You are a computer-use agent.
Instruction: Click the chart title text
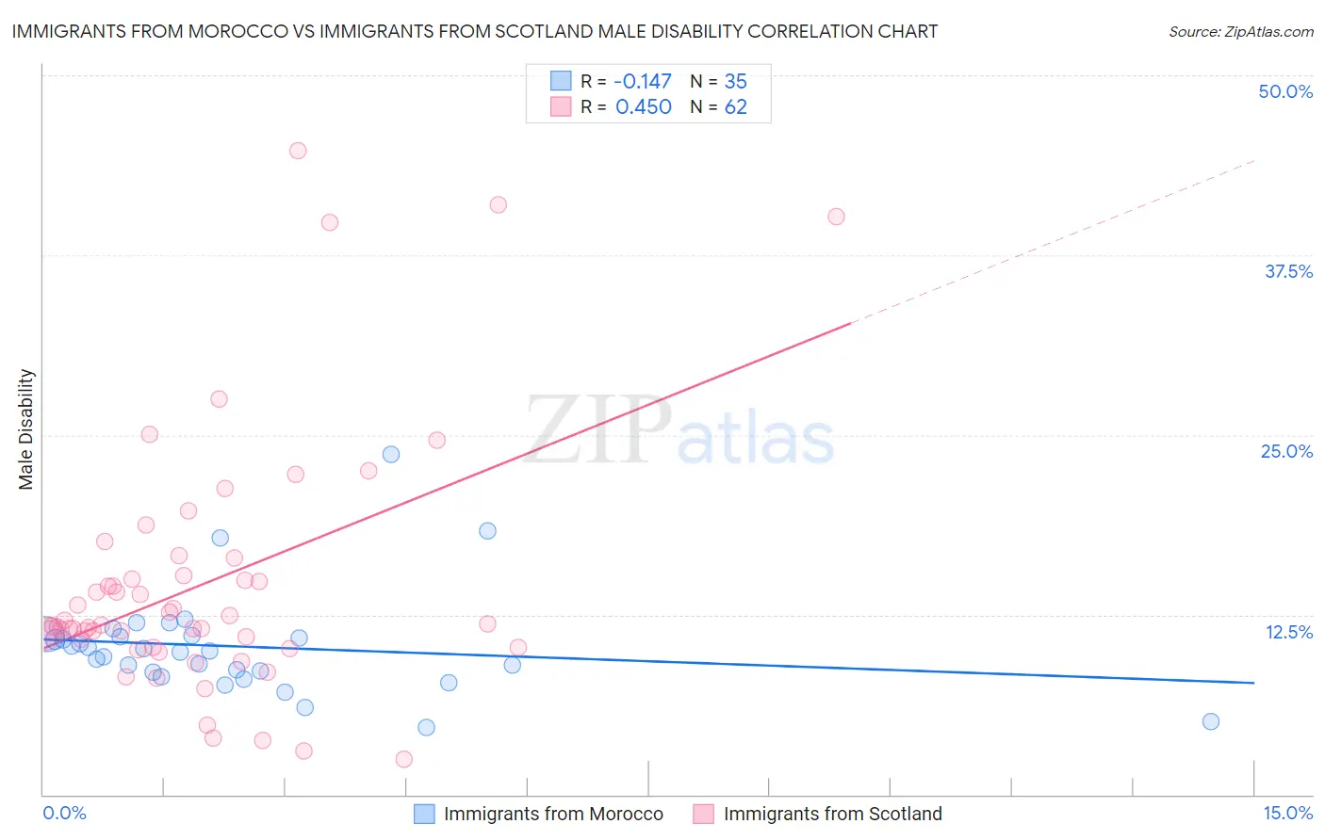(x=475, y=31)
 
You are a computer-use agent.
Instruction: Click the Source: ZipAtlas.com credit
(x=1240, y=31)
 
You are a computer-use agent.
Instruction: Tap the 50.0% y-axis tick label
(x=1285, y=91)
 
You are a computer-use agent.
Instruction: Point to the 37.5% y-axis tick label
(x=1288, y=271)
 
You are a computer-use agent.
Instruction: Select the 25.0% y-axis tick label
(x=1286, y=451)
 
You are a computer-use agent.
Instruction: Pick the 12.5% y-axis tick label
(x=1288, y=632)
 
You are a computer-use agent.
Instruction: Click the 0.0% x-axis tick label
(x=64, y=813)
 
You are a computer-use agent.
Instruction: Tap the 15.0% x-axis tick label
(x=1287, y=813)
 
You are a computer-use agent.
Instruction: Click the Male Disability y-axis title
(x=26, y=428)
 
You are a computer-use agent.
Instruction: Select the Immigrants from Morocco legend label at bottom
(x=553, y=814)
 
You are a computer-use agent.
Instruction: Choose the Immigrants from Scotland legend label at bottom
(x=832, y=814)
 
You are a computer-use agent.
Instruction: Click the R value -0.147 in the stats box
(x=643, y=82)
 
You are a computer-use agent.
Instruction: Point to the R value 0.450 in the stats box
(x=643, y=107)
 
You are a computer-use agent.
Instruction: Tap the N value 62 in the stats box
(x=735, y=107)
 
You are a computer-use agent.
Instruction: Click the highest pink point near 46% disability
(x=298, y=151)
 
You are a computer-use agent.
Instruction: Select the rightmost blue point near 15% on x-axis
(x=1211, y=721)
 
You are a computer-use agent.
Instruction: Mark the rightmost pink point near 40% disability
(x=836, y=217)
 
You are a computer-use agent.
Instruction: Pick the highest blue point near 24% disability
(x=391, y=454)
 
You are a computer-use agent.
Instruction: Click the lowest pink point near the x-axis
(x=404, y=759)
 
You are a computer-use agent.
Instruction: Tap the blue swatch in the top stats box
(x=561, y=81)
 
